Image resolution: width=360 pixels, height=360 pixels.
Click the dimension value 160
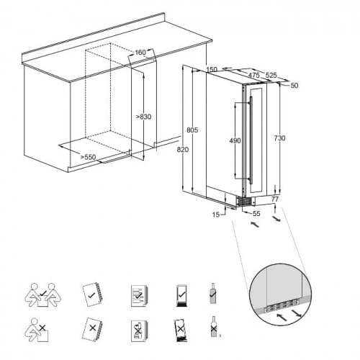pyautogui.click(x=140, y=53)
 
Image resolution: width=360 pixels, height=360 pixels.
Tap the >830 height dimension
pyautogui.click(x=144, y=117)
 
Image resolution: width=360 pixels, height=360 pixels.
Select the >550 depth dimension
pyautogui.click(x=86, y=156)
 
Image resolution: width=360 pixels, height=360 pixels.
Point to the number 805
pyautogui.click(x=192, y=130)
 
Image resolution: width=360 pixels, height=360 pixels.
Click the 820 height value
pyautogui.click(x=182, y=150)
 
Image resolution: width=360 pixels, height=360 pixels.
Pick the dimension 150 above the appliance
pyautogui.click(x=211, y=69)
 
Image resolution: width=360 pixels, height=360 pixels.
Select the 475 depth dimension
pyautogui.click(x=253, y=75)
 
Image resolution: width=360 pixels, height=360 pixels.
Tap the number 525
pyautogui.click(x=271, y=75)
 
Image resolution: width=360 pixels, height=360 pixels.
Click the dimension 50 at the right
pyautogui.click(x=294, y=86)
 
